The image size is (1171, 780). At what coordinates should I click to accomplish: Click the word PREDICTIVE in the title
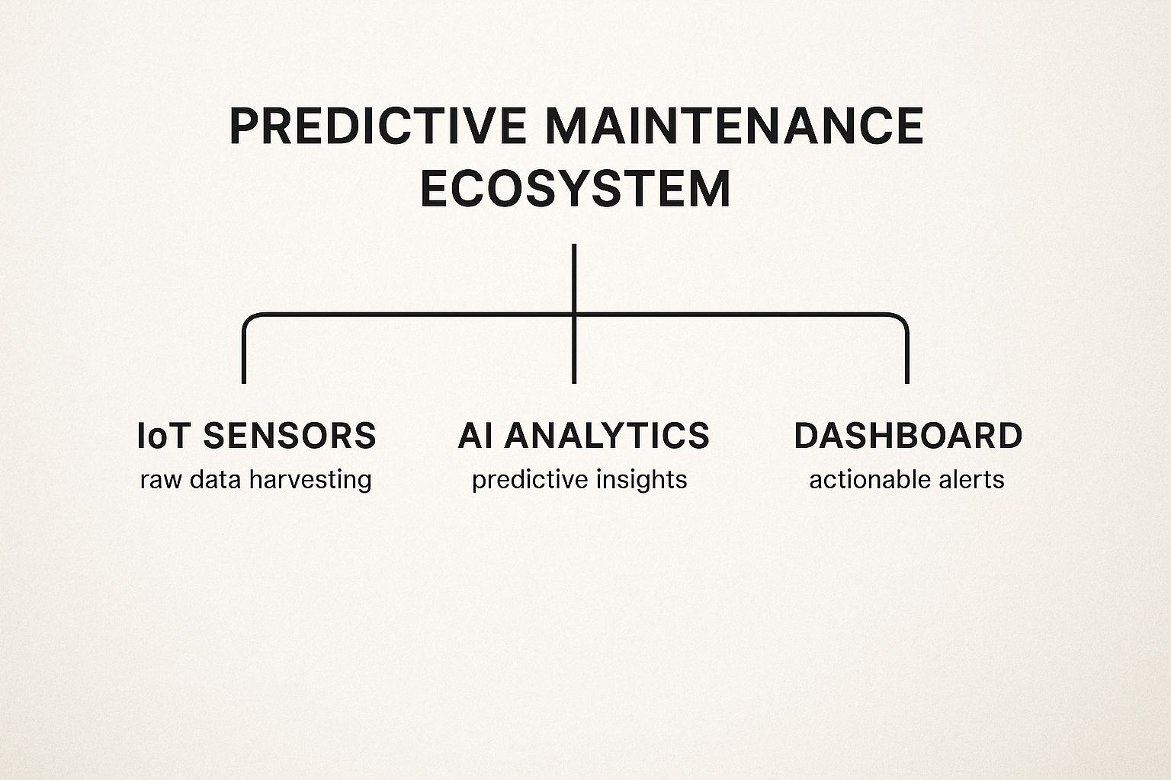coord(377,126)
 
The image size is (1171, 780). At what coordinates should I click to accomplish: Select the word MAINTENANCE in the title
coord(735,126)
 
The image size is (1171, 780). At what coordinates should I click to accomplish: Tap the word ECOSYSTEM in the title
coord(576,189)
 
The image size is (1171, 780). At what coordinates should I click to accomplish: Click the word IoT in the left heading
coord(162,436)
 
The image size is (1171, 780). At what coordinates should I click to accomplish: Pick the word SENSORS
coord(290,436)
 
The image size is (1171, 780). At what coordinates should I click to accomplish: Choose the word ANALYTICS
coord(608,436)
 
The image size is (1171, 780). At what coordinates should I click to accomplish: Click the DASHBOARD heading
coord(908,436)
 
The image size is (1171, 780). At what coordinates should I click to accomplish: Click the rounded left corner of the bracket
coord(249,318)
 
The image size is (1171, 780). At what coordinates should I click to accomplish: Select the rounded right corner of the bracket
coord(902,318)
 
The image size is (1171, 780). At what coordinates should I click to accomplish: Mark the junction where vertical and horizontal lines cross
coord(574,314)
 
